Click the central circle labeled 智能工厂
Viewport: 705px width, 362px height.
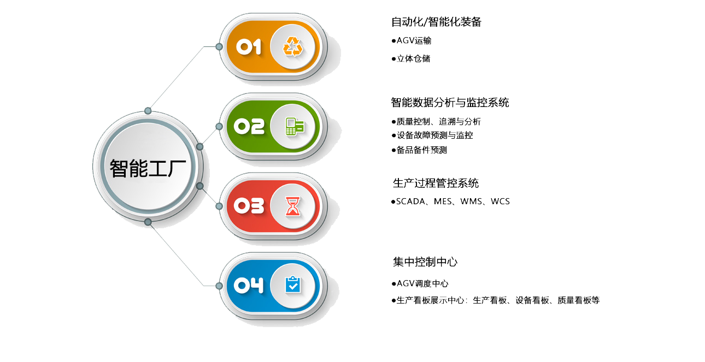148,167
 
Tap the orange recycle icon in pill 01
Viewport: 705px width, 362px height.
292,47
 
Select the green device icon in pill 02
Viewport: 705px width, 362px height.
292,127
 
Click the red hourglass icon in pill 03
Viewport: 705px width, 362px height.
292,206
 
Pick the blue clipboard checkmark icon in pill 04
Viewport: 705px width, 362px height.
292,285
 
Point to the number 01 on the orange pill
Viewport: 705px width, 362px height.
249,47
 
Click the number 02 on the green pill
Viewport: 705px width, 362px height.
249,127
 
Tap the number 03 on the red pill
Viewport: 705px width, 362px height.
249,206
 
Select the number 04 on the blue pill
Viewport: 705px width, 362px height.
249,285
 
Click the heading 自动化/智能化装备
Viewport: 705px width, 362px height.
436,22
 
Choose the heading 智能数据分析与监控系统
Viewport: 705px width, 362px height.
450,102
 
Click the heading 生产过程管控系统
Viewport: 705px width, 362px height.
436,182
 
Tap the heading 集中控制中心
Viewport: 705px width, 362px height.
425,262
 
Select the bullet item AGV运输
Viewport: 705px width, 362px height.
414,40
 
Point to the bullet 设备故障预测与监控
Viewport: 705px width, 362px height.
434,135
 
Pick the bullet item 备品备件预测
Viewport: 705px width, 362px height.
421,150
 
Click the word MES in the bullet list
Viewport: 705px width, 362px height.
443,201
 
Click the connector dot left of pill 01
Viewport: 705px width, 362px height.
219,47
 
